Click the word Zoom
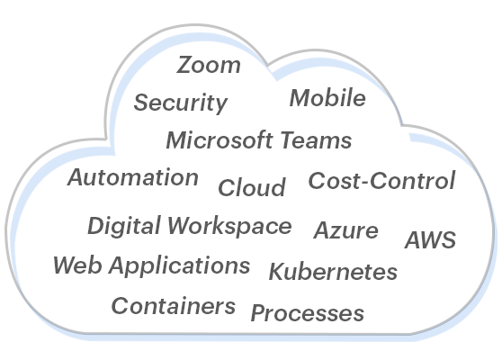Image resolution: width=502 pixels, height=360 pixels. (209, 65)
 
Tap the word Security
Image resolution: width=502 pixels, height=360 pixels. (181, 103)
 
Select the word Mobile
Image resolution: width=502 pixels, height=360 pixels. (327, 98)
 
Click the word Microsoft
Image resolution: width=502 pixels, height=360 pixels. (220, 140)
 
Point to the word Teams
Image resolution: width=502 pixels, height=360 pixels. (317, 140)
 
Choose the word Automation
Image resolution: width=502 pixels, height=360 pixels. (133, 177)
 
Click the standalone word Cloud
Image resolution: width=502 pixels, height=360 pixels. (252, 187)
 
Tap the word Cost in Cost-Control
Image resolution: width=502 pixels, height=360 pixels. (334, 180)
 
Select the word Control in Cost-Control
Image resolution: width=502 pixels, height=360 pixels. (413, 180)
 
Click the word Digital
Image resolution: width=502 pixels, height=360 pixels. (124, 226)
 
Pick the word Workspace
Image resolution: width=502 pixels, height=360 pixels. (229, 227)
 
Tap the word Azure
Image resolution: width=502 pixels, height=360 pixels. (346, 230)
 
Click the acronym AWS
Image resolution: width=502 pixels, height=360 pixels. (431, 239)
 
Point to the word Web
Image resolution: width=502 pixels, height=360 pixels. (77, 265)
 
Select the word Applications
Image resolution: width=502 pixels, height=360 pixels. (179, 265)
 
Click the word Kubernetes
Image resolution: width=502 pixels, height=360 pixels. (333, 272)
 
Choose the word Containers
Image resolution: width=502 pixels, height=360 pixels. (174, 306)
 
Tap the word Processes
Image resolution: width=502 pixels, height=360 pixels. (308, 313)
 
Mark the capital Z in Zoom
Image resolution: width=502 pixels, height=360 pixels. (184, 65)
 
